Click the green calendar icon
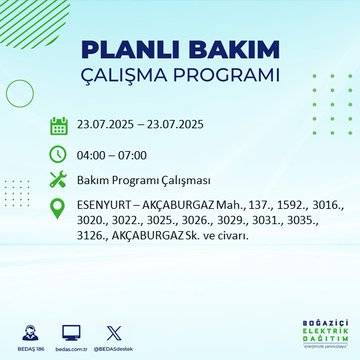point(58,126)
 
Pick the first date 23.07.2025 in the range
point(108,126)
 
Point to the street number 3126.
point(94,236)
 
